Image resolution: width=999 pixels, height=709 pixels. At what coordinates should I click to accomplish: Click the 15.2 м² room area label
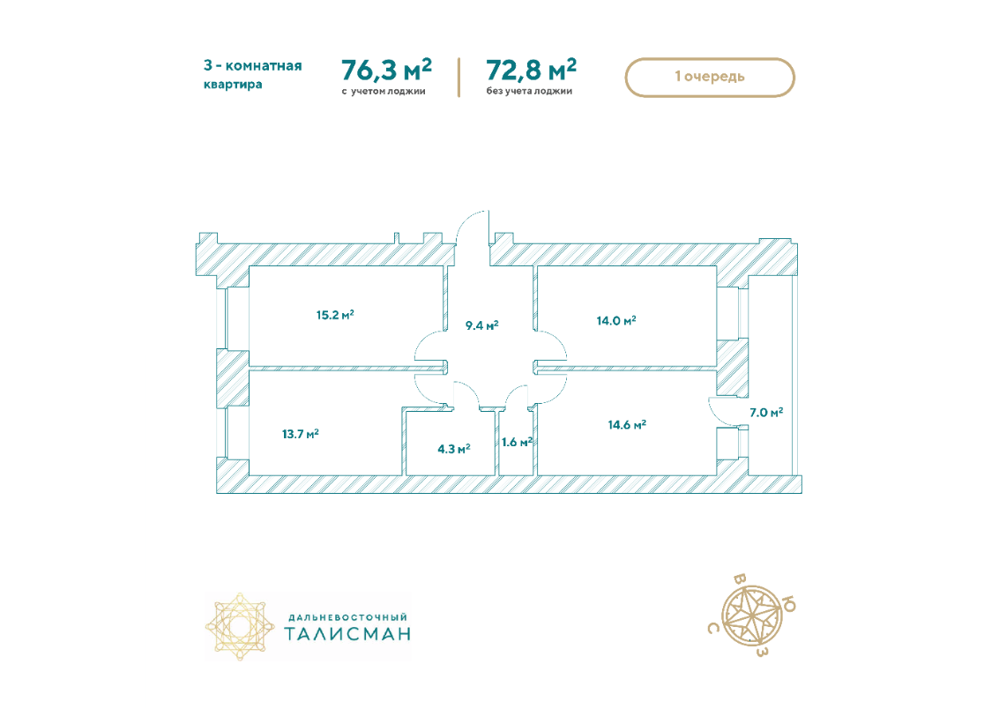click(x=335, y=315)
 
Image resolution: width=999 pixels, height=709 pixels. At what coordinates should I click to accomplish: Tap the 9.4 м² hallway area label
click(x=481, y=325)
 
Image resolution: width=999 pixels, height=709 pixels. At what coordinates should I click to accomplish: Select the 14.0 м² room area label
click(x=616, y=320)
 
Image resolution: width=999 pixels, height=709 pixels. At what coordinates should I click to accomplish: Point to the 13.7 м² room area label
click(x=300, y=435)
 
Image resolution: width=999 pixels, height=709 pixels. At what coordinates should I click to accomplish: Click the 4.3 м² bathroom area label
click(x=453, y=449)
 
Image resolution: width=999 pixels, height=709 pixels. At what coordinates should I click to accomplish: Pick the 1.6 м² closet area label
click(x=517, y=442)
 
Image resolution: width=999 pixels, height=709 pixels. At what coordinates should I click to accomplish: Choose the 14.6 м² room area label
click(x=627, y=425)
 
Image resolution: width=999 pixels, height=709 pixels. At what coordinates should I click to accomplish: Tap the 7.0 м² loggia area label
click(x=766, y=413)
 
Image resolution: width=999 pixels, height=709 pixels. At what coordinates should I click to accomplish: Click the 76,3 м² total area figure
click(x=387, y=70)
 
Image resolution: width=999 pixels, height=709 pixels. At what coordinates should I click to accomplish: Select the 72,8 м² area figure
click(x=532, y=70)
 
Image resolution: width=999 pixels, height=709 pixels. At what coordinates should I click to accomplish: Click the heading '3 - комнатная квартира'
click(x=252, y=75)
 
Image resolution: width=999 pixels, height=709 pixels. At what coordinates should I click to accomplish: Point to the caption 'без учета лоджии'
click(x=529, y=91)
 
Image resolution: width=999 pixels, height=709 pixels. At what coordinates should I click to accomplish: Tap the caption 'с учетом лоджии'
click(x=384, y=91)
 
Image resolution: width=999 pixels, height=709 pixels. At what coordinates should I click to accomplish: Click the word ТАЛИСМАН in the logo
click(x=347, y=634)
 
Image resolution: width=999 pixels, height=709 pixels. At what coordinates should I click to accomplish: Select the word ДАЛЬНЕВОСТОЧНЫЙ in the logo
click(x=348, y=617)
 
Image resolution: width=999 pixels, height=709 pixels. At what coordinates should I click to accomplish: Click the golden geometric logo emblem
click(x=240, y=627)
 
